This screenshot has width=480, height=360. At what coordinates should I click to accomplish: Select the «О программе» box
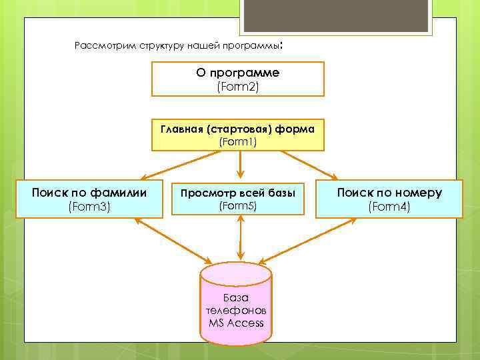(238, 79)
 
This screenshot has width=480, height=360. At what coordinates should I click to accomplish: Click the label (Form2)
(238, 87)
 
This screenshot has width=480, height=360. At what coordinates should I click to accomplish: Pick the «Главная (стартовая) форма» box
(238, 134)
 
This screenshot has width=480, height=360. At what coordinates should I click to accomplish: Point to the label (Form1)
(238, 141)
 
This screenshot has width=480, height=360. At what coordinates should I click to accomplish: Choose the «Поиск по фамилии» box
(89, 199)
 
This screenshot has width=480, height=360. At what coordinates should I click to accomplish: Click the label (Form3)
(89, 207)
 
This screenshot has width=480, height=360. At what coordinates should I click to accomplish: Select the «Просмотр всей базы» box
(238, 199)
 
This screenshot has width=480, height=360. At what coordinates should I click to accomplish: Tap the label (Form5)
(238, 206)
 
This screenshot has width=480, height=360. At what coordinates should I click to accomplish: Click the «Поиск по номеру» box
(389, 199)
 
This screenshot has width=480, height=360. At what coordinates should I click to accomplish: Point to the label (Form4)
(389, 207)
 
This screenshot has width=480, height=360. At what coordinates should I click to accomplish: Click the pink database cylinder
(236, 303)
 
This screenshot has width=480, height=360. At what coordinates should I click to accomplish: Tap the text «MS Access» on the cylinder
(236, 323)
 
